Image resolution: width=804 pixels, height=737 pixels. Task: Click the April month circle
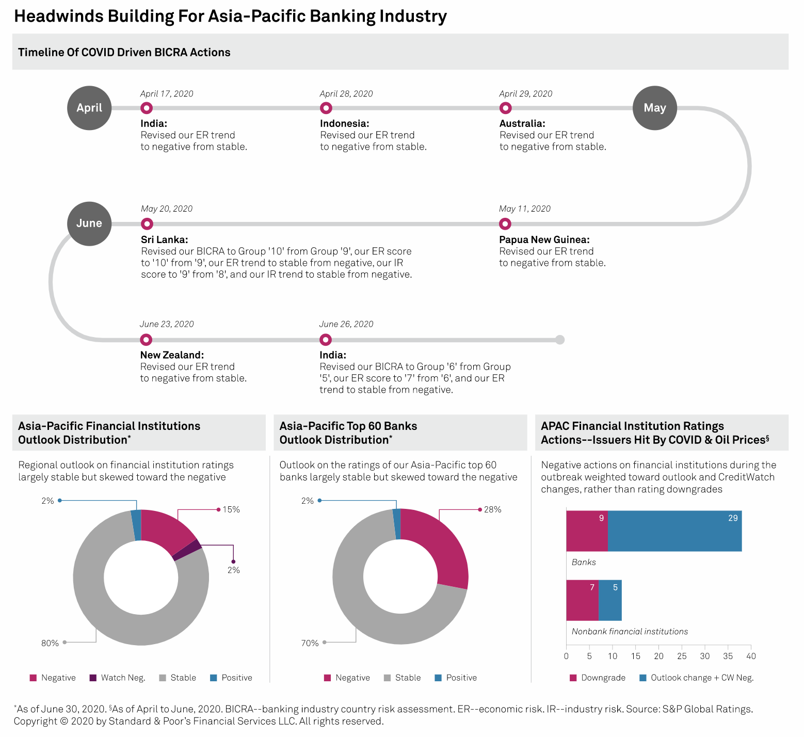pyautogui.click(x=89, y=108)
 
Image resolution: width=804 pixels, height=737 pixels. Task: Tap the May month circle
pyautogui.click(x=654, y=108)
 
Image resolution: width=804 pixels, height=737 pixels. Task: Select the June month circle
pyautogui.click(x=89, y=223)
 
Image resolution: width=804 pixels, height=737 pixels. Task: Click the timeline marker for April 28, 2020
pyautogui.click(x=326, y=108)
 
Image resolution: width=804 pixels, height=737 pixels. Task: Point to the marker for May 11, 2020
pyautogui.click(x=505, y=223)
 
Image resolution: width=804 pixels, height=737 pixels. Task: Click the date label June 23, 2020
pyautogui.click(x=167, y=324)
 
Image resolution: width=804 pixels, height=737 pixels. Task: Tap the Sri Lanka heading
pyautogui.click(x=164, y=239)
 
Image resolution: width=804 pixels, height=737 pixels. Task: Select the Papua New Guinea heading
pyautogui.click(x=544, y=239)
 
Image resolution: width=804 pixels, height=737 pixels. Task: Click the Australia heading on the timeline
pyautogui.click(x=522, y=123)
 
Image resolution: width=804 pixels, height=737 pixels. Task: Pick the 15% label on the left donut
pyautogui.click(x=231, y=509)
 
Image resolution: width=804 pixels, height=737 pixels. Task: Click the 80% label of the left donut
pyautogui.click(x=50, y=643)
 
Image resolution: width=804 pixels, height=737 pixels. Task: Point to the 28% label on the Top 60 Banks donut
pyautogui.click(x=492, y=509)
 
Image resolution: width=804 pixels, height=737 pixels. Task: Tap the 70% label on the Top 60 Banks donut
pyautogui.click(x=310, y=643)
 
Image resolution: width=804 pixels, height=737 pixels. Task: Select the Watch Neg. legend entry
pyautogui.click(x=118, y=678)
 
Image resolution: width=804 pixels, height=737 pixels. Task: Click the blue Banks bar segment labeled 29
pyautogui.click(x=674, y=531)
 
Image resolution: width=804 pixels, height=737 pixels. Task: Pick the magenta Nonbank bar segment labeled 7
pyautogui.click(x=582, y=600)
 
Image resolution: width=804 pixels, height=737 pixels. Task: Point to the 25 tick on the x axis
pyautogui.click(x=682, y=656)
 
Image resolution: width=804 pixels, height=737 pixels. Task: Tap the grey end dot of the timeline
pyautogui.click(x=560, y=340)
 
